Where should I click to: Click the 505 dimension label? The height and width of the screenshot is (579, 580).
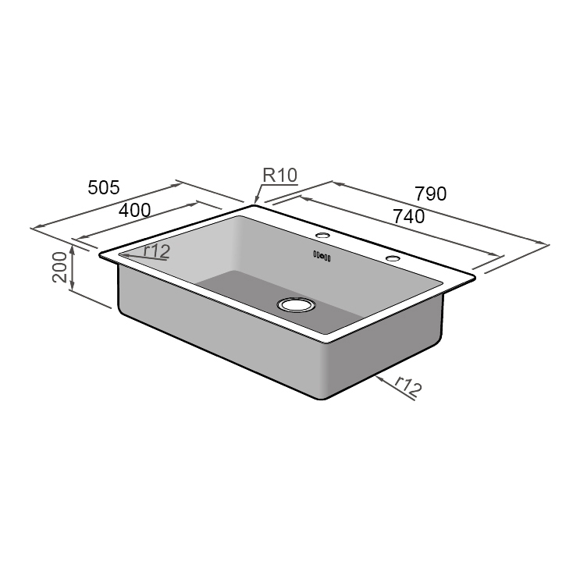click(103, 187)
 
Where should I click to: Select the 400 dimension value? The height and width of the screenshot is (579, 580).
click(134, 210)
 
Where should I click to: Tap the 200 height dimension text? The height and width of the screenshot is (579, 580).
click(59, 268)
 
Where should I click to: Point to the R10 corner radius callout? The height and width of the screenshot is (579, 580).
click(279, 176)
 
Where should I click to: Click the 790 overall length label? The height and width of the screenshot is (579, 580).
click(430, 194)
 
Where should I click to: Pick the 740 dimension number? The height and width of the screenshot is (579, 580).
click(409, 217)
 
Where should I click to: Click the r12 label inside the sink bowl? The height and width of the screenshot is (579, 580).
click(156, 250)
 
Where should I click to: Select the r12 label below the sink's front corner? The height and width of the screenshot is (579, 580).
click(406, 385)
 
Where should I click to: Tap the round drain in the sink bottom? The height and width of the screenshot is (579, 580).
click(296, 305)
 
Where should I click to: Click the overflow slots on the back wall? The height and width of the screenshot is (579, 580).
click(322, 254)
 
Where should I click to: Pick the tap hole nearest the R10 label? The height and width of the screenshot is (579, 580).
click(322, 235)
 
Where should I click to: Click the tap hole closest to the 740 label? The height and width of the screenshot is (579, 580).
click(391, 258)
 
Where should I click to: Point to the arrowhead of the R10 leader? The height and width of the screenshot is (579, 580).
click(254, 202)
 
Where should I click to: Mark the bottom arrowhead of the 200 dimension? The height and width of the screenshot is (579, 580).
click(72, 289)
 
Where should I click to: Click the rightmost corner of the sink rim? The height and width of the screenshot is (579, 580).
click(474, 275)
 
